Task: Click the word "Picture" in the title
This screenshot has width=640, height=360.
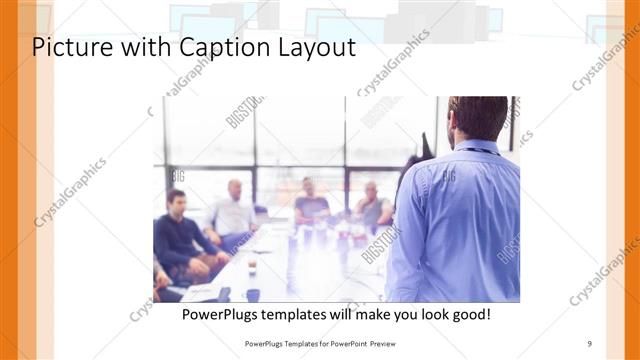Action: click(69, 47)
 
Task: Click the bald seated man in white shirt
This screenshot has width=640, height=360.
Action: click(234, 210)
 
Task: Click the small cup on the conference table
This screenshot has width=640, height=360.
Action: click(251, 267)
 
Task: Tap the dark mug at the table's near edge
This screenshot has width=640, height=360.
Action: click(253, 294)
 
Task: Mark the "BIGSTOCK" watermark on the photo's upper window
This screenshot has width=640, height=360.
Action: click(245, 111)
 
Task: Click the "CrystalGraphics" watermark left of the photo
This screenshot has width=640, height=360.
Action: click(70, 191)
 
